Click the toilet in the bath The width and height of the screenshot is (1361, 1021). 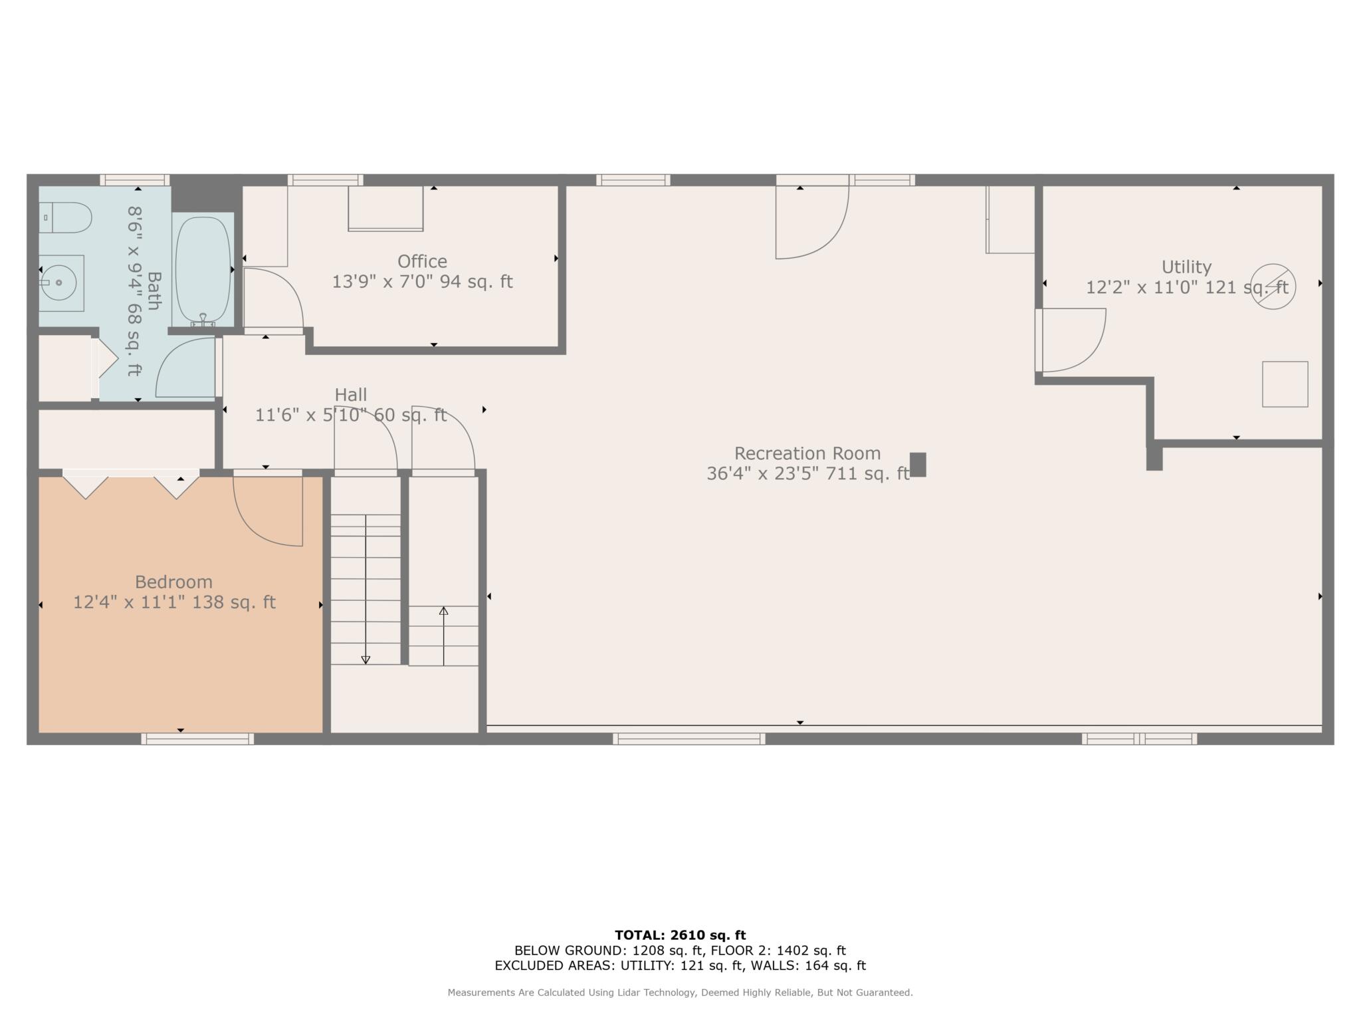pyautogui.click(x=64, y=217)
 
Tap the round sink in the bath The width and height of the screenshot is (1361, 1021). pyautogui.click(x=58, y=283)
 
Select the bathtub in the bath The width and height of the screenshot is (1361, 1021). pyautogui.click(x=203, y=270)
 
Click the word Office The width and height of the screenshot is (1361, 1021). pyautogui.click(x=422, y=261)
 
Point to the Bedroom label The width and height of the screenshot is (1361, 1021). pyautogui.click(x=173, y=582)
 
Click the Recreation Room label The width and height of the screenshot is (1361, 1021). pyautogui.click(x=807, y=453)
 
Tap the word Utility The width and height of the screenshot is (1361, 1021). pyautogui.click(x=1186, y=267)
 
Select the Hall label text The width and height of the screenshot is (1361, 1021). pyautogui.click(x=351, y=395)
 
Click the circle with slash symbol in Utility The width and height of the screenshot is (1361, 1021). pyautogui.click(x=1273, y=286)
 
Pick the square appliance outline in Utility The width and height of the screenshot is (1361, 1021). pyautogui.click(x=1285, y=384)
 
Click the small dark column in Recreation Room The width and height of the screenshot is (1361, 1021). pyautogui.click(x=918, y=465)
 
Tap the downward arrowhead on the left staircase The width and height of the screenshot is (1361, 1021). pyautogui.click(x=366, y=659)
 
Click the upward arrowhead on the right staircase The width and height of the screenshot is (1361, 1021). pyautogui.click(x=443, y=611)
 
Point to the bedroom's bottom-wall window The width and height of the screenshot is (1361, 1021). pyautogui.click(x=197, y=738)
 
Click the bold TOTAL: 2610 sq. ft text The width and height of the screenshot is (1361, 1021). pyautogui.click(x=680, y=935)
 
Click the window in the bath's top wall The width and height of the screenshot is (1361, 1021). pyautogui.click(x=135, y=180)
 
